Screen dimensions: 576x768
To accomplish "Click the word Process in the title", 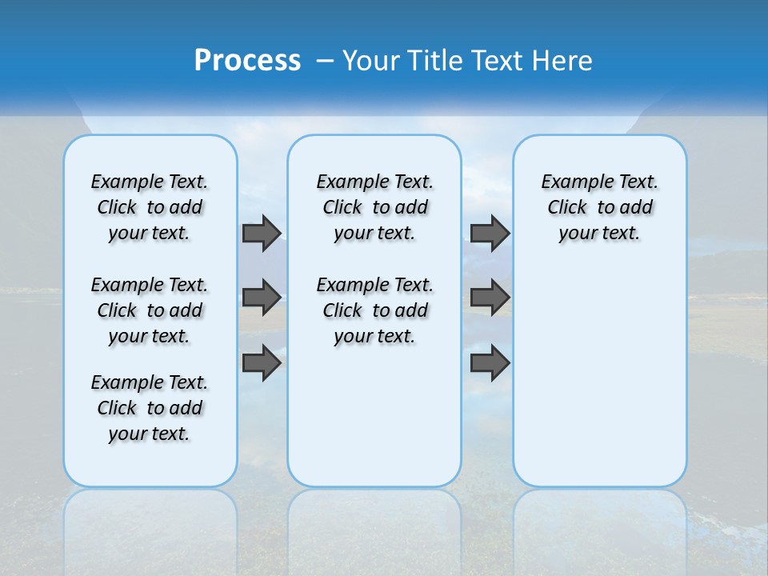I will click(x=247, y=61).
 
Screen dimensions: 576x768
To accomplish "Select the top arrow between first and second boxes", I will click(x=262, y=233).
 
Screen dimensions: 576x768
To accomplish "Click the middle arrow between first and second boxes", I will click(x=262, y=298).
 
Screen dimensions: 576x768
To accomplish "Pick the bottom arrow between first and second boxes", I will click(x=262, y=363).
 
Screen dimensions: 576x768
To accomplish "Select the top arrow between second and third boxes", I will click(x=490, y=233).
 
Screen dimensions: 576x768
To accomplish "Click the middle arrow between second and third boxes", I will click(x=490, y=298).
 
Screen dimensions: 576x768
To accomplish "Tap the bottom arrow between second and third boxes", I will click(x=490, y=363).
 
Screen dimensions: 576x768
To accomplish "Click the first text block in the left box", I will click(x=150, y=207).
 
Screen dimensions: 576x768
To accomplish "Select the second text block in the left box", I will click(x=150, y=310).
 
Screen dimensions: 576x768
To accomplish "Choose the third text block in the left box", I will click(x=150, y=408).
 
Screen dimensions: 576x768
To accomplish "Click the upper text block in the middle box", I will click(x=374, y=207).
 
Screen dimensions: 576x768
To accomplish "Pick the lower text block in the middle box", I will click(x=374, y=310).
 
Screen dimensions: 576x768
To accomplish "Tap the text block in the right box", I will click(x=599, y=207).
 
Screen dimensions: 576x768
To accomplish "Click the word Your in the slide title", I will click(x=371, y=61).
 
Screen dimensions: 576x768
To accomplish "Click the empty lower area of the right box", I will click(x=599, y=384).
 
